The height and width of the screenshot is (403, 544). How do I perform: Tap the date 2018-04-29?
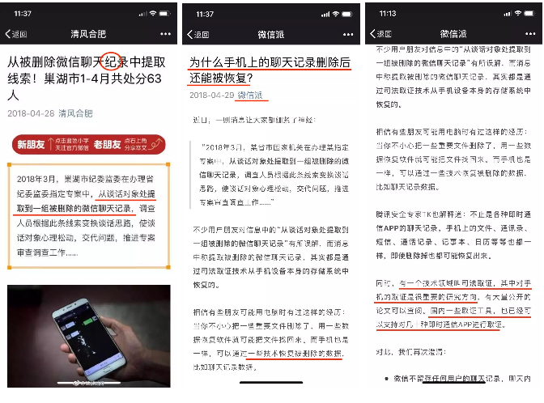(x=210, y=95)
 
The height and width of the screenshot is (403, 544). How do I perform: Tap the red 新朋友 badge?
(x=33, y=144)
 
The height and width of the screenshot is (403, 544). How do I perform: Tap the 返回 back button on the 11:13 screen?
(x=380, y=34)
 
